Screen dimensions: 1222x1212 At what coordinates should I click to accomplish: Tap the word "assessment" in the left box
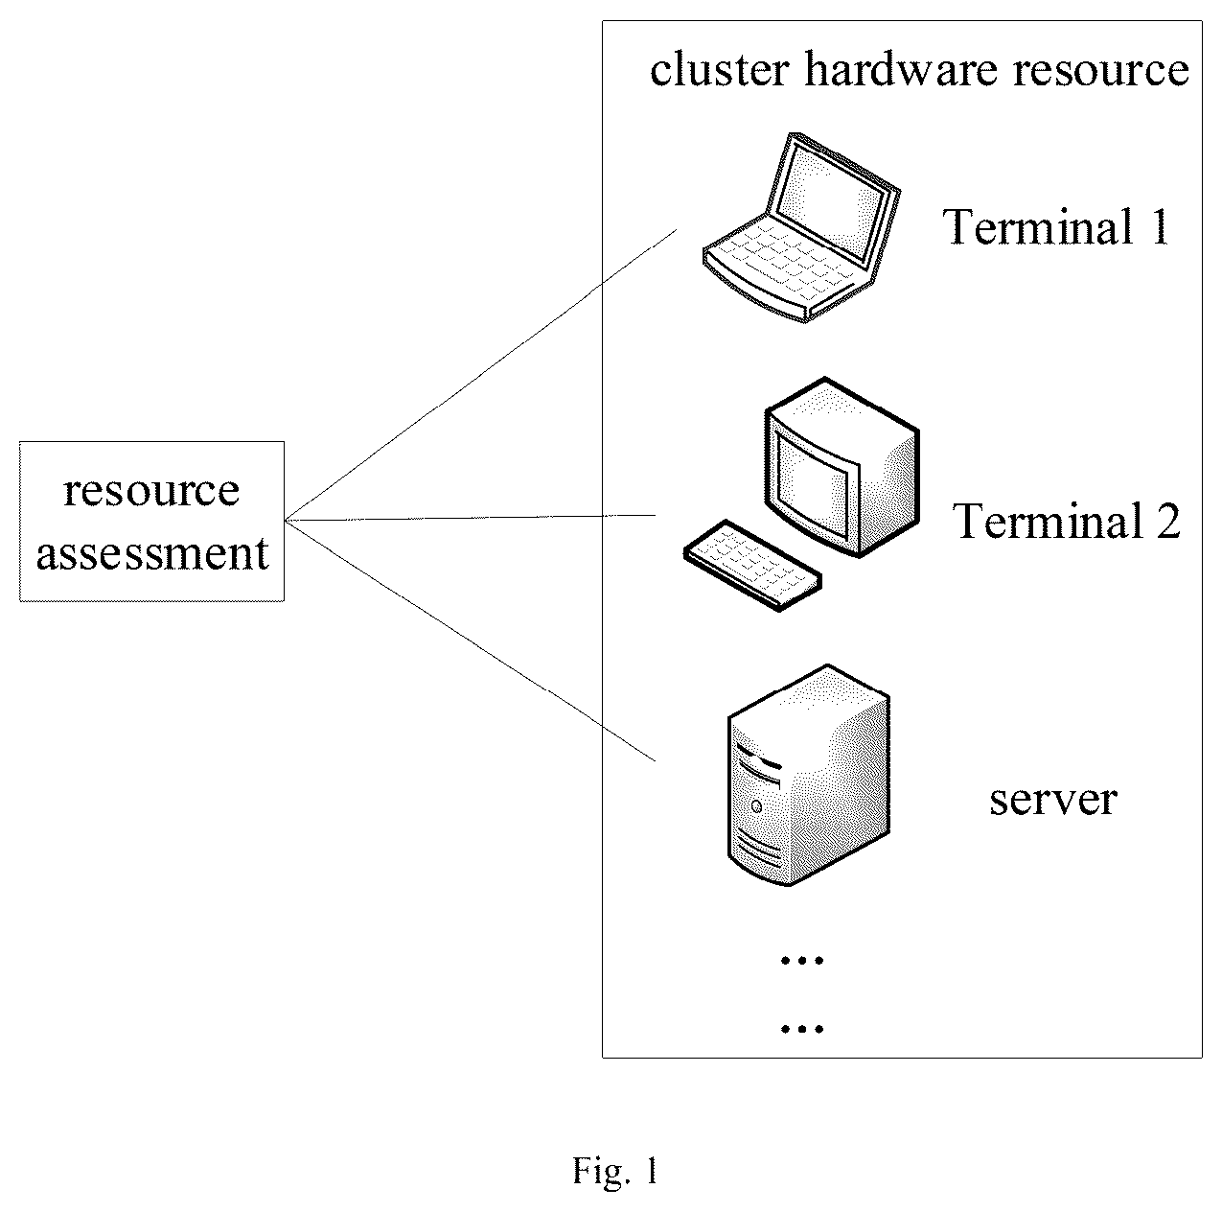[x=152, y=553]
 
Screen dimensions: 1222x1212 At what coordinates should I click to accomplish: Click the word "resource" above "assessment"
[x=151, y=491]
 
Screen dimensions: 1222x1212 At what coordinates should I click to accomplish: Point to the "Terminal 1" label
[x=1055, y=226]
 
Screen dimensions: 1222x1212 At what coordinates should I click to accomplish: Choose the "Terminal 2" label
[x=1066, y=521]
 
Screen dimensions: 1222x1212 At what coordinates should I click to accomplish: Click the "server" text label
[x=1053, y=800]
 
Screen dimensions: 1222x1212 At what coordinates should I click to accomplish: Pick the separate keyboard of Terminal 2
[x=752, y=566]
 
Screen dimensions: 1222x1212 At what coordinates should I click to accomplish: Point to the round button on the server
[x=756, y=806]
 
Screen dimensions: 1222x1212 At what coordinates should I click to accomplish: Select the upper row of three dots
[x=802, y=961]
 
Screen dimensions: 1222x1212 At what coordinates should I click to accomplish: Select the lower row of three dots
[x=802, y=1029]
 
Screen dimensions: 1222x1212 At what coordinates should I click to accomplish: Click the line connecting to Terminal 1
[x=481, y=375]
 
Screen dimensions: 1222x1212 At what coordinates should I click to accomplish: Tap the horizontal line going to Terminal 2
[x=470, y=519]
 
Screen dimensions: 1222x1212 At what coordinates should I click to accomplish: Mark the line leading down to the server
[x=470, y=641]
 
